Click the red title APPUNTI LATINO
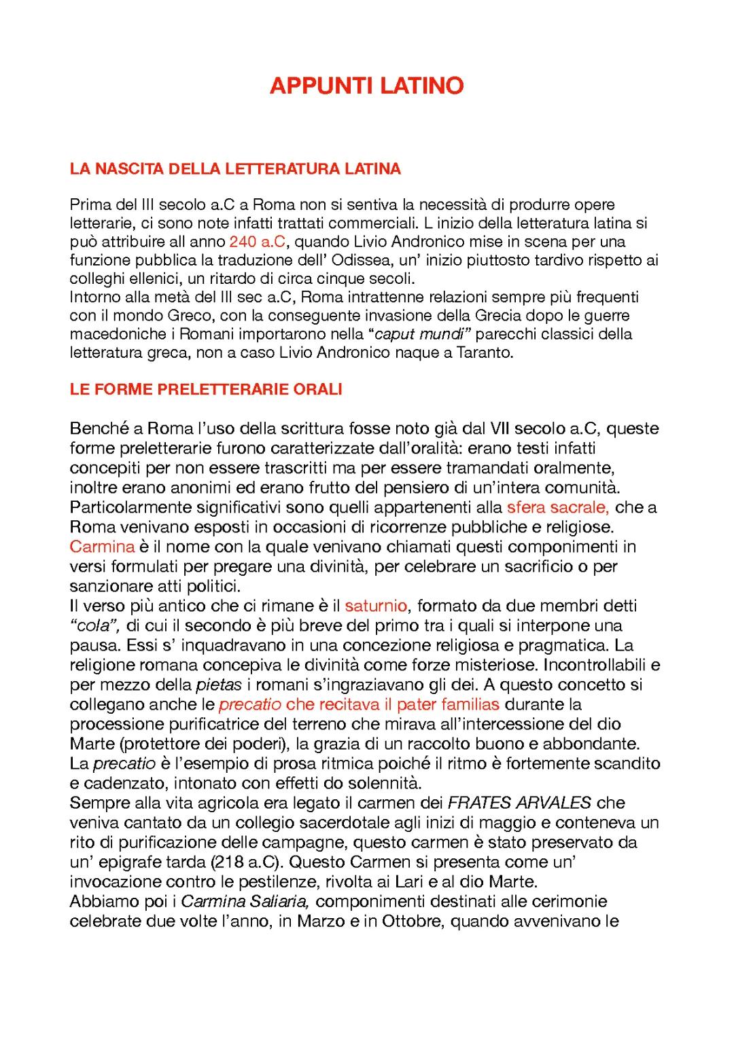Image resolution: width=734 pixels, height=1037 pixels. (x=366, y=86)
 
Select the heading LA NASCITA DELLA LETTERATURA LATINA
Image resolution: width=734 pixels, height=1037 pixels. (x=235, y=169)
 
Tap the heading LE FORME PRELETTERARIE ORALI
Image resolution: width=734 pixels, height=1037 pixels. (x=206, y=389)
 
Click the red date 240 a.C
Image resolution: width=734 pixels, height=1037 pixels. (x=257, y=242)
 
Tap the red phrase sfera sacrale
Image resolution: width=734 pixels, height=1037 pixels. (x=557, y=507)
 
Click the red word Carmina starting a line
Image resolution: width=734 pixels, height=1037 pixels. (x=102, y=547)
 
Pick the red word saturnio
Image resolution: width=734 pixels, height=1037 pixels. (x=376, y=606)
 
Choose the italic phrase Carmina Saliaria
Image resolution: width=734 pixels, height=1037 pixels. (x=246, y=901)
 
